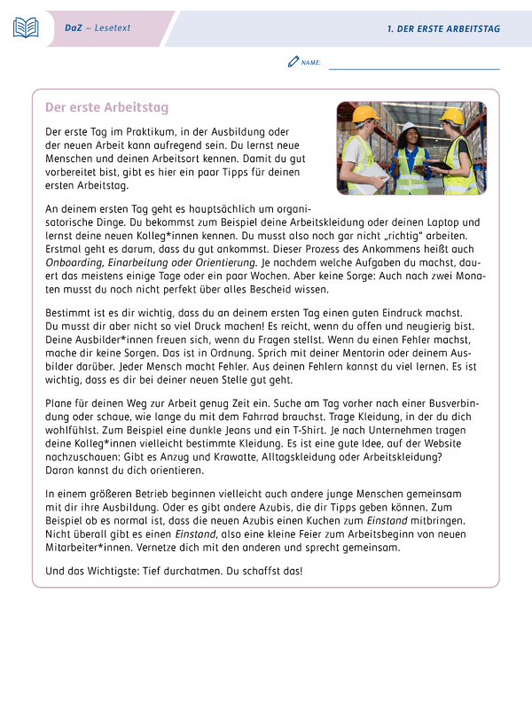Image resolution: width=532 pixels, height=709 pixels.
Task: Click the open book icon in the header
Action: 26,27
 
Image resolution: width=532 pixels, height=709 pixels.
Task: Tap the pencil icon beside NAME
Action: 293,61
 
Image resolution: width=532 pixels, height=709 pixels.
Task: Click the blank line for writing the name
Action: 413,66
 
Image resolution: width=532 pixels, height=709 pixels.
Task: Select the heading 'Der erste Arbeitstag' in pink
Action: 106,108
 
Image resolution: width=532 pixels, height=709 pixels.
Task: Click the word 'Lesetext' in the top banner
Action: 113,28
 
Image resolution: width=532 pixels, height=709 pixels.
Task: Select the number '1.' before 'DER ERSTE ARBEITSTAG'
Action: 391,28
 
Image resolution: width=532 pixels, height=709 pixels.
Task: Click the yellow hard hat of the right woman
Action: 452,116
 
